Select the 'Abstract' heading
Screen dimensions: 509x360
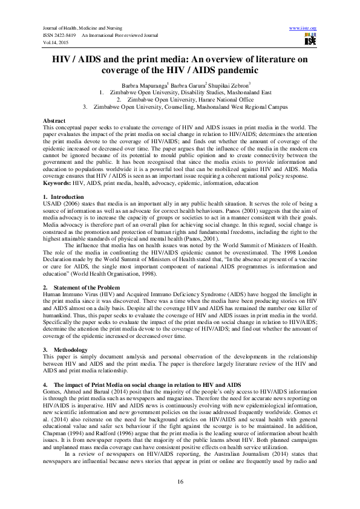[55, 122]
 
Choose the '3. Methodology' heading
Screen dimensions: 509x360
[67, 349]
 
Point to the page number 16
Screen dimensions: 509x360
[180, 481]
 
